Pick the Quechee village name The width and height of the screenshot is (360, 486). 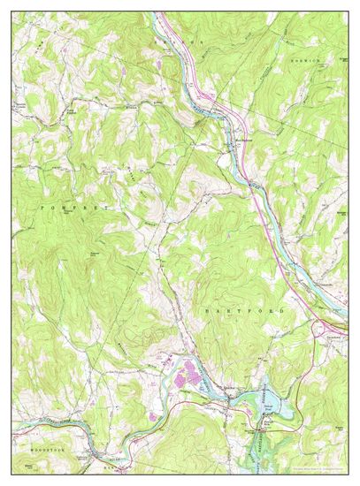pyautogui.click(x=227, y=389)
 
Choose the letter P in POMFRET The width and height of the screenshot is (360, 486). pyautogui.click(x=42, y=206)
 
